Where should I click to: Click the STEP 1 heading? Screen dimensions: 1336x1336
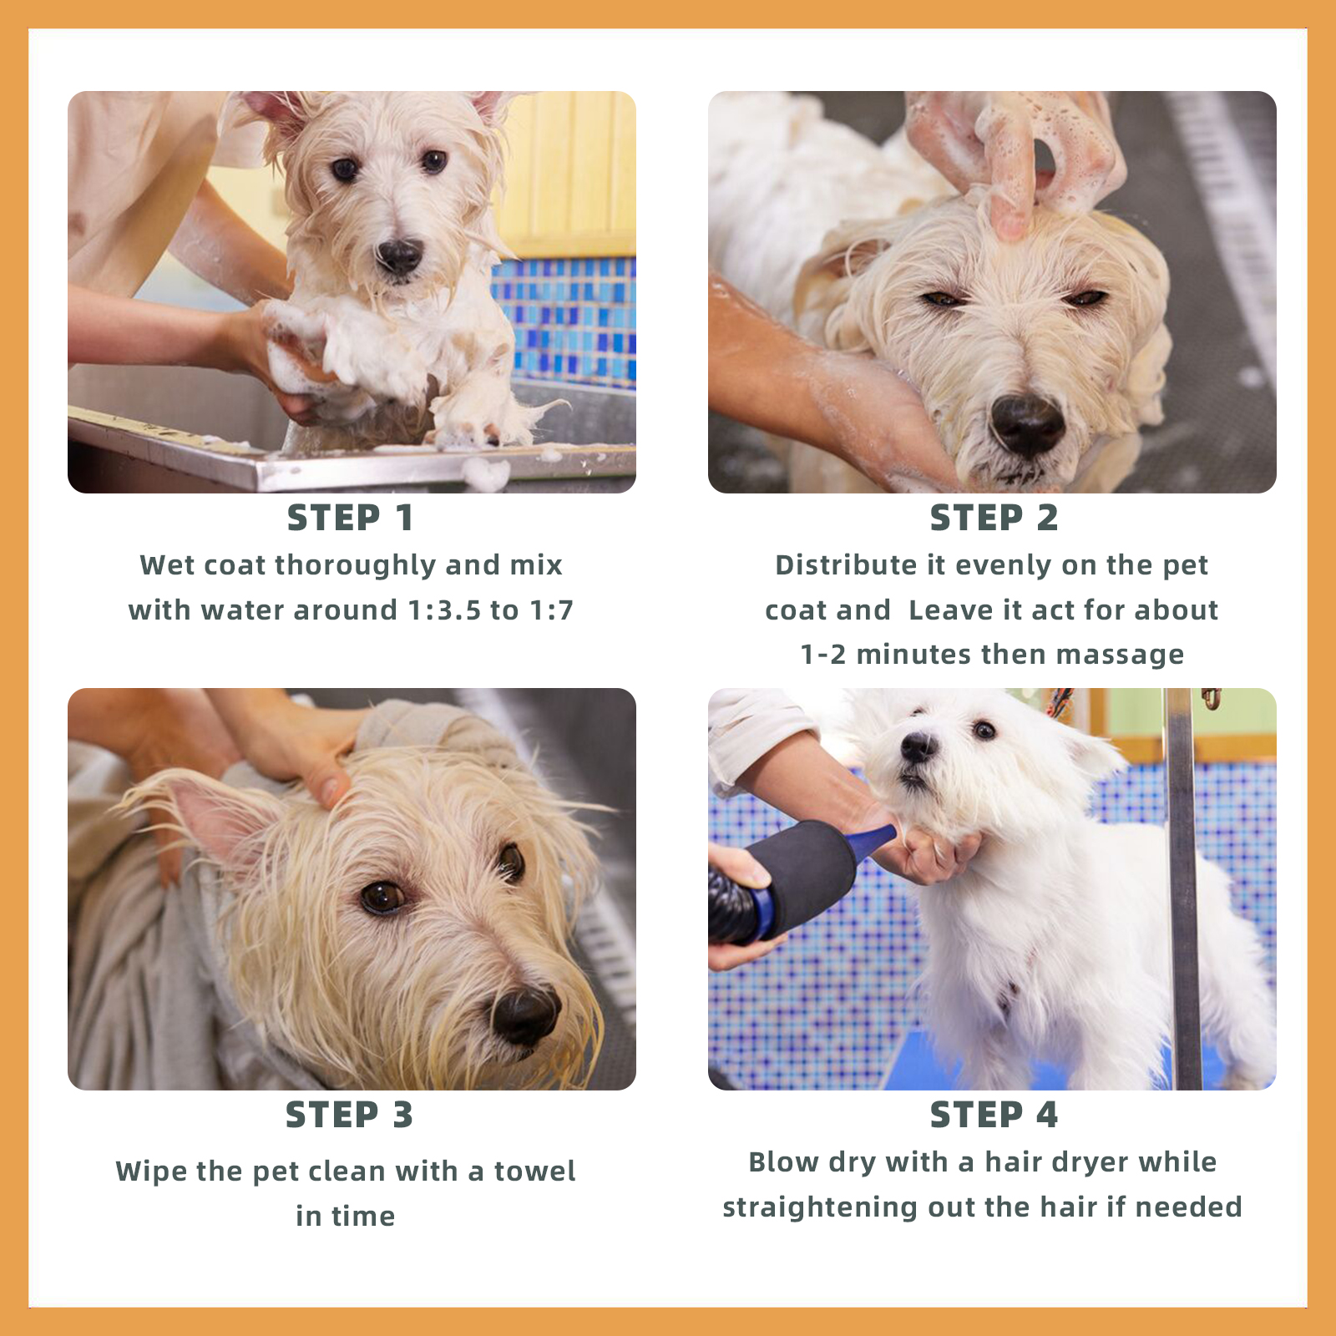[x=351, y=519]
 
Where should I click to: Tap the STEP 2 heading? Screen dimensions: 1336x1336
[x=994, y=519]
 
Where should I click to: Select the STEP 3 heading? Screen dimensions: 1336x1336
[x=349, y=1116]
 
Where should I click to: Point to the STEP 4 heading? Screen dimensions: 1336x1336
[x=994, y=1116]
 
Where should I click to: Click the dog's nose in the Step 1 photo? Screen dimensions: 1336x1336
[x=399, y=256]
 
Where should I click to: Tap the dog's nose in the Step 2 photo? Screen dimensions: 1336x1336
[x=1027, y=423]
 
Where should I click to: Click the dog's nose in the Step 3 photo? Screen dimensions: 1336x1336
[x=524, y=1015]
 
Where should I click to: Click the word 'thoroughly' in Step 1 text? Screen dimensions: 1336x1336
[x=356, y=566]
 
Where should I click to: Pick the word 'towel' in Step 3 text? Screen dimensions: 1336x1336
[x=534, y=1172]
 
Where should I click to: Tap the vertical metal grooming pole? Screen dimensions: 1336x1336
[x=1183, y=888]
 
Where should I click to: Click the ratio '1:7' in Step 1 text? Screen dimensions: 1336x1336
[x=551, y=610]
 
